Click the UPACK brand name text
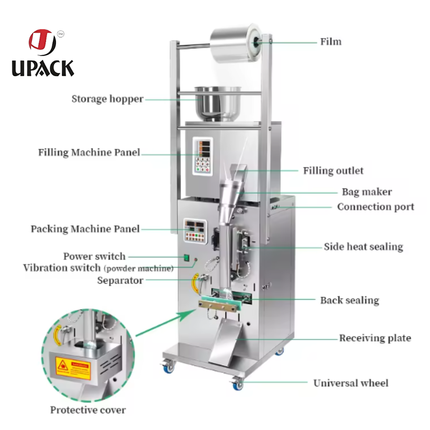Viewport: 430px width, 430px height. click(43, 68)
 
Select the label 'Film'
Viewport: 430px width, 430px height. click(331, 42)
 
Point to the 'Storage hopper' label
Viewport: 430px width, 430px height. click(107, 99)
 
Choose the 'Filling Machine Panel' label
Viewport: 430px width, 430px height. click(89, 152)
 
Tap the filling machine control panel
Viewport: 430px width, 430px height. click(202, 156)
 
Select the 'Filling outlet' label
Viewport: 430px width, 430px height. click(333, 171)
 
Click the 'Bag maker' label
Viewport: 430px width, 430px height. click(367, 192)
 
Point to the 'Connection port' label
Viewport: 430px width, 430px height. click(375, 206)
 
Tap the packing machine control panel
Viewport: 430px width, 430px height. click(195, 230)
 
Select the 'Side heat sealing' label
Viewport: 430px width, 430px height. click(363, 246)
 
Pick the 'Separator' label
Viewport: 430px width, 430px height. click(120, 280)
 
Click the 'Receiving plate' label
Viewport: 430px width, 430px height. click(375, 338)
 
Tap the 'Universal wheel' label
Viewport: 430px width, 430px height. click(351, 383)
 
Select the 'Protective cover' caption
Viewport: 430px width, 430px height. click(88, 410)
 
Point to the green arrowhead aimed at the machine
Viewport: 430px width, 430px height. click(190, 311)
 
